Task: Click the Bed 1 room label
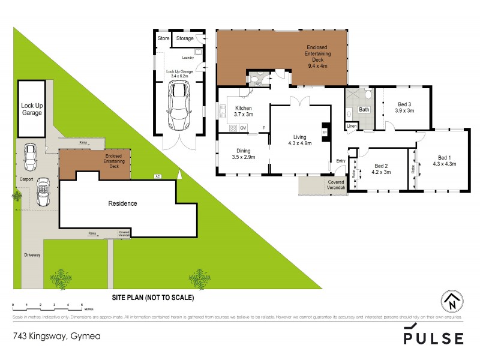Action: [x=445, y=157]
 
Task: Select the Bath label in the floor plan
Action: [x=364, y=110]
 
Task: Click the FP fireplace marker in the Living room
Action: [x=325, y=132]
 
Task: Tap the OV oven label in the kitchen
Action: [x=243, y=128]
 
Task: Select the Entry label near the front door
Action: [x=341, y=160]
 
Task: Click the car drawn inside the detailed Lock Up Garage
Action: [x=178, y=106]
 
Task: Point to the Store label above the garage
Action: [x=163, y=38]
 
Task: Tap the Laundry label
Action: [x=188, y=58]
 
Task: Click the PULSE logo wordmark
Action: [x=433, y=338]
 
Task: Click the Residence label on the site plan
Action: [x=122, y=203]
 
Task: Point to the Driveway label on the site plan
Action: [x=32, y=255]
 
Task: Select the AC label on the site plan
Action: [x=158, y=176]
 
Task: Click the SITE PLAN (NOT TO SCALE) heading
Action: [x=153, y=297]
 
